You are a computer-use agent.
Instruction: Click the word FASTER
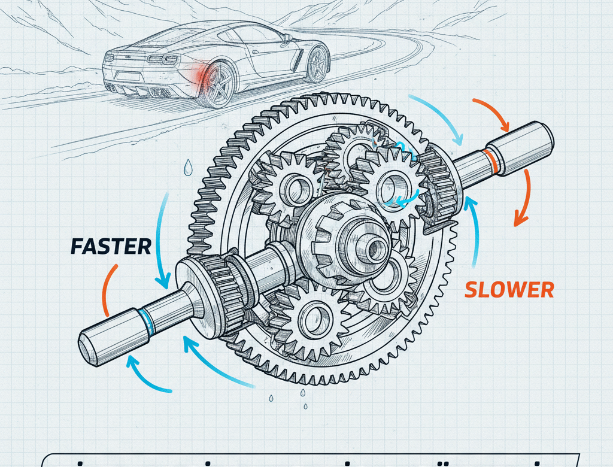tap(111, 246)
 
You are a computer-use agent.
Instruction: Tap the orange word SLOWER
tap(509, 290)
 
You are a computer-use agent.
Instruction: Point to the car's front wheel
tap(317, 63)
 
